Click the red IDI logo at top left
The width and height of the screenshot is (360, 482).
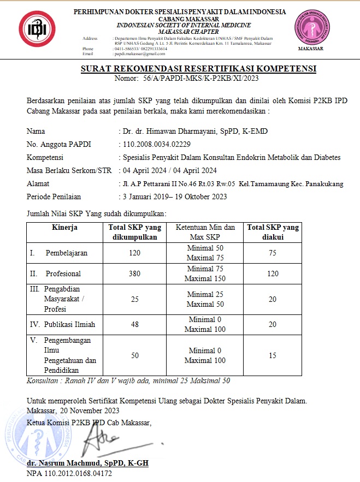coord(38,29)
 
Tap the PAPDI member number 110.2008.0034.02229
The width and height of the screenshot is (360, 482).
coord(156,144)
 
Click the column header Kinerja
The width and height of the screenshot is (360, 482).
coord(65,227)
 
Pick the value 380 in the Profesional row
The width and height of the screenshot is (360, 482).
coord(134,273)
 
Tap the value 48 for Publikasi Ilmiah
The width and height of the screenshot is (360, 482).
coord(134,324)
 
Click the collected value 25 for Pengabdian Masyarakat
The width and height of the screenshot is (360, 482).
coord(134,299)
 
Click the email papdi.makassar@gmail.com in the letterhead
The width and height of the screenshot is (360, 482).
coord(139,53)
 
